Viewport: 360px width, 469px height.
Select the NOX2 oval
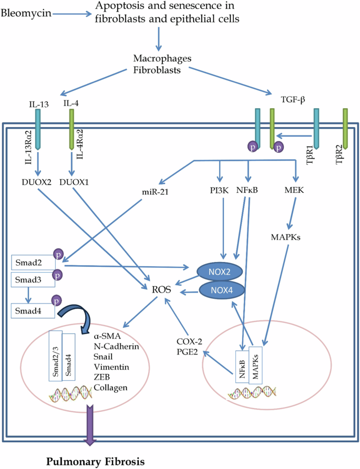[221, 270]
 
